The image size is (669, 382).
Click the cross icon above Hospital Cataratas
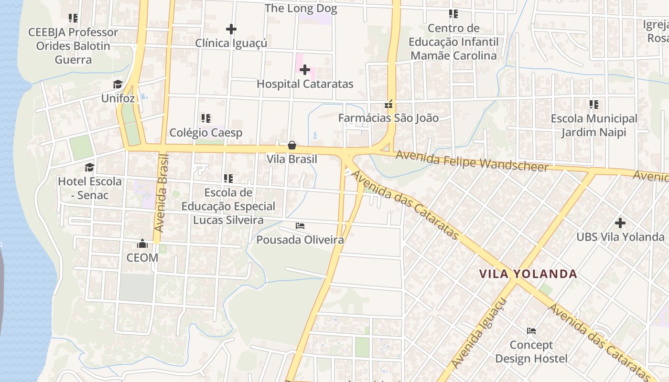(305, 70)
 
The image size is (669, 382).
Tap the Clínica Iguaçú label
(231, 43)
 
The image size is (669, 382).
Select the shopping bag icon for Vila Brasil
(292, 145)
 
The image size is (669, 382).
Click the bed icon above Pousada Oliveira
(300, 226)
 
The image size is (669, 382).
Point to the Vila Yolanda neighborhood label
(529, 274)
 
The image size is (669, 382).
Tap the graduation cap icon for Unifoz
(118, 85)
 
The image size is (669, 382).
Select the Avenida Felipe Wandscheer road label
(472, 161)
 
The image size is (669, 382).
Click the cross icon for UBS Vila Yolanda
(620, 223)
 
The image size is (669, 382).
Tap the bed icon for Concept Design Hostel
(531, 331)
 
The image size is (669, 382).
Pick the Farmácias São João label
(388, 118)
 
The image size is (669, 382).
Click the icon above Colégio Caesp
(206, 118)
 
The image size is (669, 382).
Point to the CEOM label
(142, 258)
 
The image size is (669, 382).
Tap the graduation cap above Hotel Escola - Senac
(89, 167)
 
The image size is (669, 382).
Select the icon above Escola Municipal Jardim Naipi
(594, 105)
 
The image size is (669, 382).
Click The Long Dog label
(301, 9)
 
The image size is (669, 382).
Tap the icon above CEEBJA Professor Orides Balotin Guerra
(73, 18)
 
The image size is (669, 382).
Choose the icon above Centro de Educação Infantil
(453, 14)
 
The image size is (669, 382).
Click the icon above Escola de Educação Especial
(228, 179)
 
